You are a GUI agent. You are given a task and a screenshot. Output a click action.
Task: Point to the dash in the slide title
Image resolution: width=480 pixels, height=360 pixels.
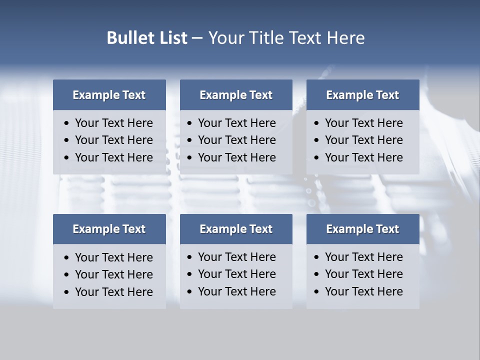197,38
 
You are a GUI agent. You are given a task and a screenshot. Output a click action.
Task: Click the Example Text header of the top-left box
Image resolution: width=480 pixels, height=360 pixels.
109,95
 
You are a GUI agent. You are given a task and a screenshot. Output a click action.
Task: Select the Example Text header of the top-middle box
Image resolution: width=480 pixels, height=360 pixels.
236,95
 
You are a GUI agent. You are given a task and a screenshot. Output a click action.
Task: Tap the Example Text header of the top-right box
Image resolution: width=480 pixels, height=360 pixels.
362,95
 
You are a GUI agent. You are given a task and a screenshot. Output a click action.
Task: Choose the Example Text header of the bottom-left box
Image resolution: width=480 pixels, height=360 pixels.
109,229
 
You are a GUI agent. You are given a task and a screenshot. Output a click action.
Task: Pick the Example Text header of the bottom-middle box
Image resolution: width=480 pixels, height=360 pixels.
236,229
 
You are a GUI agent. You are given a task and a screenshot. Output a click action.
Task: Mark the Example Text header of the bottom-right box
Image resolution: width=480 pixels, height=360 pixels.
362,229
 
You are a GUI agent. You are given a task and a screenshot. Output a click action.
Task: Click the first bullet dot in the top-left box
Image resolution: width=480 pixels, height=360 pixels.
67,123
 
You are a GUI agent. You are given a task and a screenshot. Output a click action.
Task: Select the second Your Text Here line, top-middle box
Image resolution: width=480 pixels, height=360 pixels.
236,140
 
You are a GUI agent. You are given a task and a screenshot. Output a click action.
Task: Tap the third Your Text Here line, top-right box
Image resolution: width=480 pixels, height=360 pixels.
363,157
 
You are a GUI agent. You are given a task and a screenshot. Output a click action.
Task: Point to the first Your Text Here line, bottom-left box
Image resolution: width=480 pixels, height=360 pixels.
113,257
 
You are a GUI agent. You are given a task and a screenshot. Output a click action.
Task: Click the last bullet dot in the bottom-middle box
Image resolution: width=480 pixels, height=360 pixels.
190,291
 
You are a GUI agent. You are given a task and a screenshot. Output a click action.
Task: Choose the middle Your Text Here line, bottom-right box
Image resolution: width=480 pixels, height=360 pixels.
363,274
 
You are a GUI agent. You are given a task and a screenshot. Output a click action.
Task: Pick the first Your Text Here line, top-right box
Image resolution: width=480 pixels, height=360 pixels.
363,123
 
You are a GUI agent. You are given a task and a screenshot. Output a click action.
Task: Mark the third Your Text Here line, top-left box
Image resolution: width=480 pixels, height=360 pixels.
113,157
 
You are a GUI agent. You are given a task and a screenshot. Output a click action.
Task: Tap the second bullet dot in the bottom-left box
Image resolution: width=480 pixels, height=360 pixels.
67,275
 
